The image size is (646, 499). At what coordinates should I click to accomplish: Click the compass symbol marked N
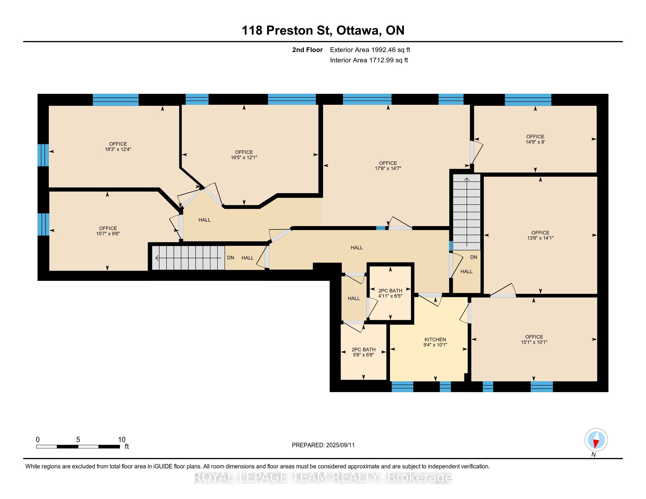click(x=596, y=440)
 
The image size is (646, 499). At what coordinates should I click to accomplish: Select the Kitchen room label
click(x=435, y=342)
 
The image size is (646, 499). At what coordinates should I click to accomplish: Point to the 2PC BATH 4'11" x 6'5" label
click(x=390, y=293)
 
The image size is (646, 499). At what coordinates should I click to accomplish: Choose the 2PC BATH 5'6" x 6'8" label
click(x=364, y=352)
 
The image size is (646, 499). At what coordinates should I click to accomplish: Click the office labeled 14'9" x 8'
click(x=535, y=139)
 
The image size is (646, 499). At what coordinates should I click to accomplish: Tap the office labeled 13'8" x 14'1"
click(x=540, y=235)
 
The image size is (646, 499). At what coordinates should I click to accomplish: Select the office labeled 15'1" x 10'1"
click(x=534, y=339)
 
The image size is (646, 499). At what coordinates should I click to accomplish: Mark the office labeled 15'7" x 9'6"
click(x=108, y=231)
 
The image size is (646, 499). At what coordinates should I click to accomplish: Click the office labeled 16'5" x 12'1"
click(x=244, y=155)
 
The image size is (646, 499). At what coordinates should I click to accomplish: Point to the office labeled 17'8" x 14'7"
click(x=388, y=166)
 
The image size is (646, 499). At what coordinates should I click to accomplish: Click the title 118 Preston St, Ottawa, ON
click(x=323, y=31)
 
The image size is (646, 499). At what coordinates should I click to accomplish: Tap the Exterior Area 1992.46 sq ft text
click(x=370, y=50)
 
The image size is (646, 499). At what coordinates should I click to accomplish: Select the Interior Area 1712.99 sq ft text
click(x=369, y=60)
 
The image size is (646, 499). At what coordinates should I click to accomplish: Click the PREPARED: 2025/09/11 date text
click(x=323, y=445)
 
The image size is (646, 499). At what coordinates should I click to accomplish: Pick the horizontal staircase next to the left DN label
click(x=188, y=258)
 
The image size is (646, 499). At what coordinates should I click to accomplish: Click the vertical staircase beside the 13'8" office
click(x=467, y=212)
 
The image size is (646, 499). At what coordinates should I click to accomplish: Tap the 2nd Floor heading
click(x=307, y=50)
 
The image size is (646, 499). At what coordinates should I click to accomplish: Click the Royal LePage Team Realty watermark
click(x=323, y=477)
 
